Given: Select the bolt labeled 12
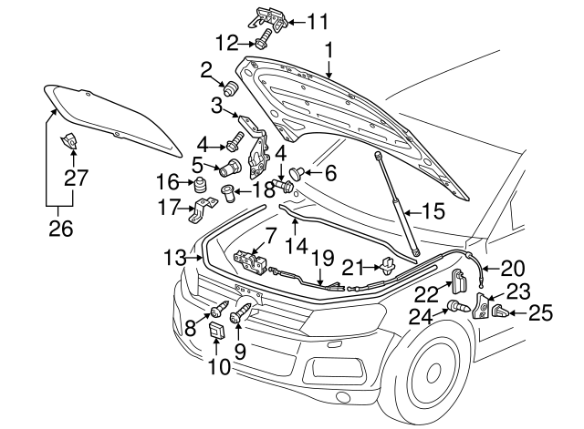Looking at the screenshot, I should [263, 40].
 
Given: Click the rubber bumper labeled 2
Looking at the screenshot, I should [232, 88].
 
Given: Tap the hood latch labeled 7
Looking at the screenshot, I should [251, 261].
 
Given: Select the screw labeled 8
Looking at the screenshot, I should [223, 309].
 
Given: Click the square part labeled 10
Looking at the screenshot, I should [217, 331].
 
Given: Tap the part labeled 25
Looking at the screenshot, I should [500, 312].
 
